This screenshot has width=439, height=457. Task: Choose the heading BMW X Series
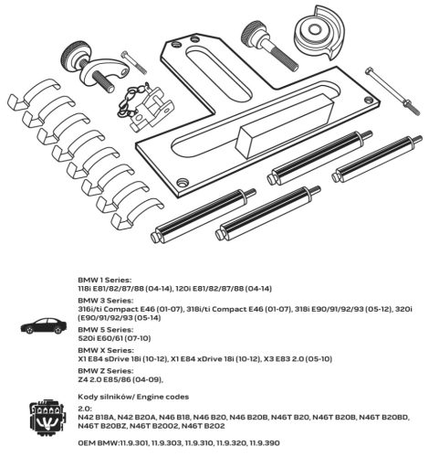[106, 350]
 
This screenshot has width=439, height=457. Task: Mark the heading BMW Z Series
[106, 370]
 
